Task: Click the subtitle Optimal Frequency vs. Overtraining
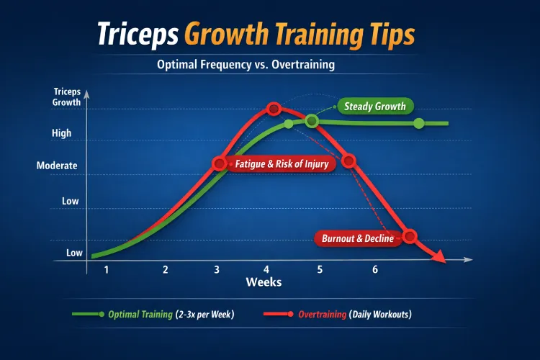(x=246, y=64)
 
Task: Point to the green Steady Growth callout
(x=374, y=107)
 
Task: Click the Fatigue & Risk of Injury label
(x=281, y=164)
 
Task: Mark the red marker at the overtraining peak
(x=273, y=109)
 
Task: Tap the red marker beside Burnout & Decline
(x=410, y=236)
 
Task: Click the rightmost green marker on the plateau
(x=419, y=124)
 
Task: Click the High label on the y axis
(x=62, y=133)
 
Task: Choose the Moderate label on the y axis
(x=57, y=166)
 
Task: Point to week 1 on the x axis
(x=107, y=269)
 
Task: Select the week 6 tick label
(x=375, y=269)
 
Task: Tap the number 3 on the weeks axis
(x=217, y=269)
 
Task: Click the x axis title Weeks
(x=264, y=282)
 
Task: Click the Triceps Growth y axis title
(x=67, y=96)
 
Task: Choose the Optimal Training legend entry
(x=171, y=315)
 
